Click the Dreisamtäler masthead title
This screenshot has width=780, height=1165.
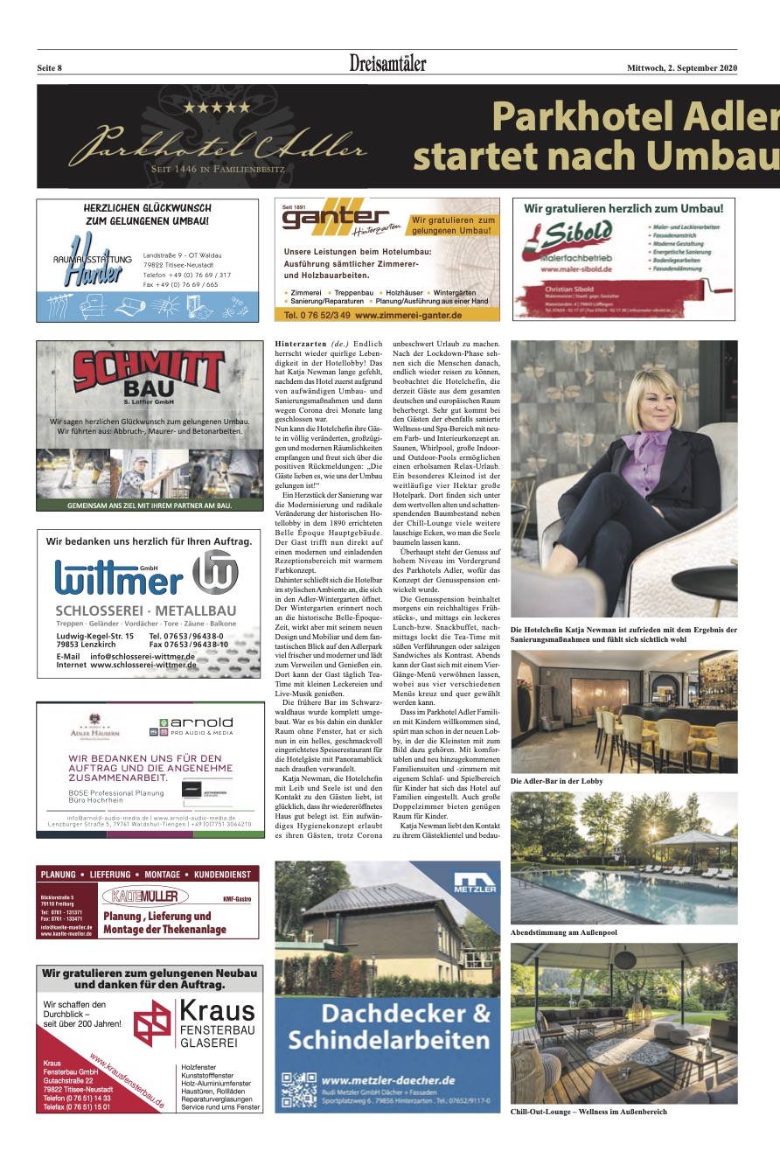388,65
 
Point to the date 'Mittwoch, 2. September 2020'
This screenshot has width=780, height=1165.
682,67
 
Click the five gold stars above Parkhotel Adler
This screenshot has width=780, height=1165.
215,108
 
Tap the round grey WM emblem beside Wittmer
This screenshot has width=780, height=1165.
215,573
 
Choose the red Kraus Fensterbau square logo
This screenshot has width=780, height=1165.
152,1022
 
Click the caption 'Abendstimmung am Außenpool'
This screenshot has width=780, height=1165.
563,932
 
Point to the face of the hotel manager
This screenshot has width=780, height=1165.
643,399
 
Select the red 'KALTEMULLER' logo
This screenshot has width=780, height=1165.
146,896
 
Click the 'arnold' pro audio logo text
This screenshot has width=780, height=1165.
202,722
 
